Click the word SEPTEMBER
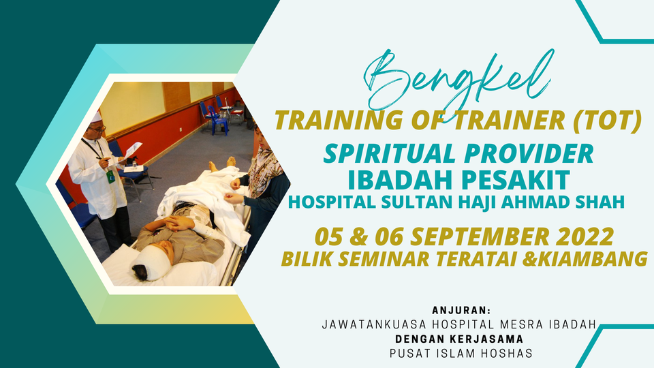pos(480,236)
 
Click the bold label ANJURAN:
pos(461,311)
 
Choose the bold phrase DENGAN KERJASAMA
pos(459,339)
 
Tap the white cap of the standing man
pos(96,117)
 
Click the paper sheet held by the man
pos(133,150)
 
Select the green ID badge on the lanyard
pos(110,177)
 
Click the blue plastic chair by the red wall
pos(217,120)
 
